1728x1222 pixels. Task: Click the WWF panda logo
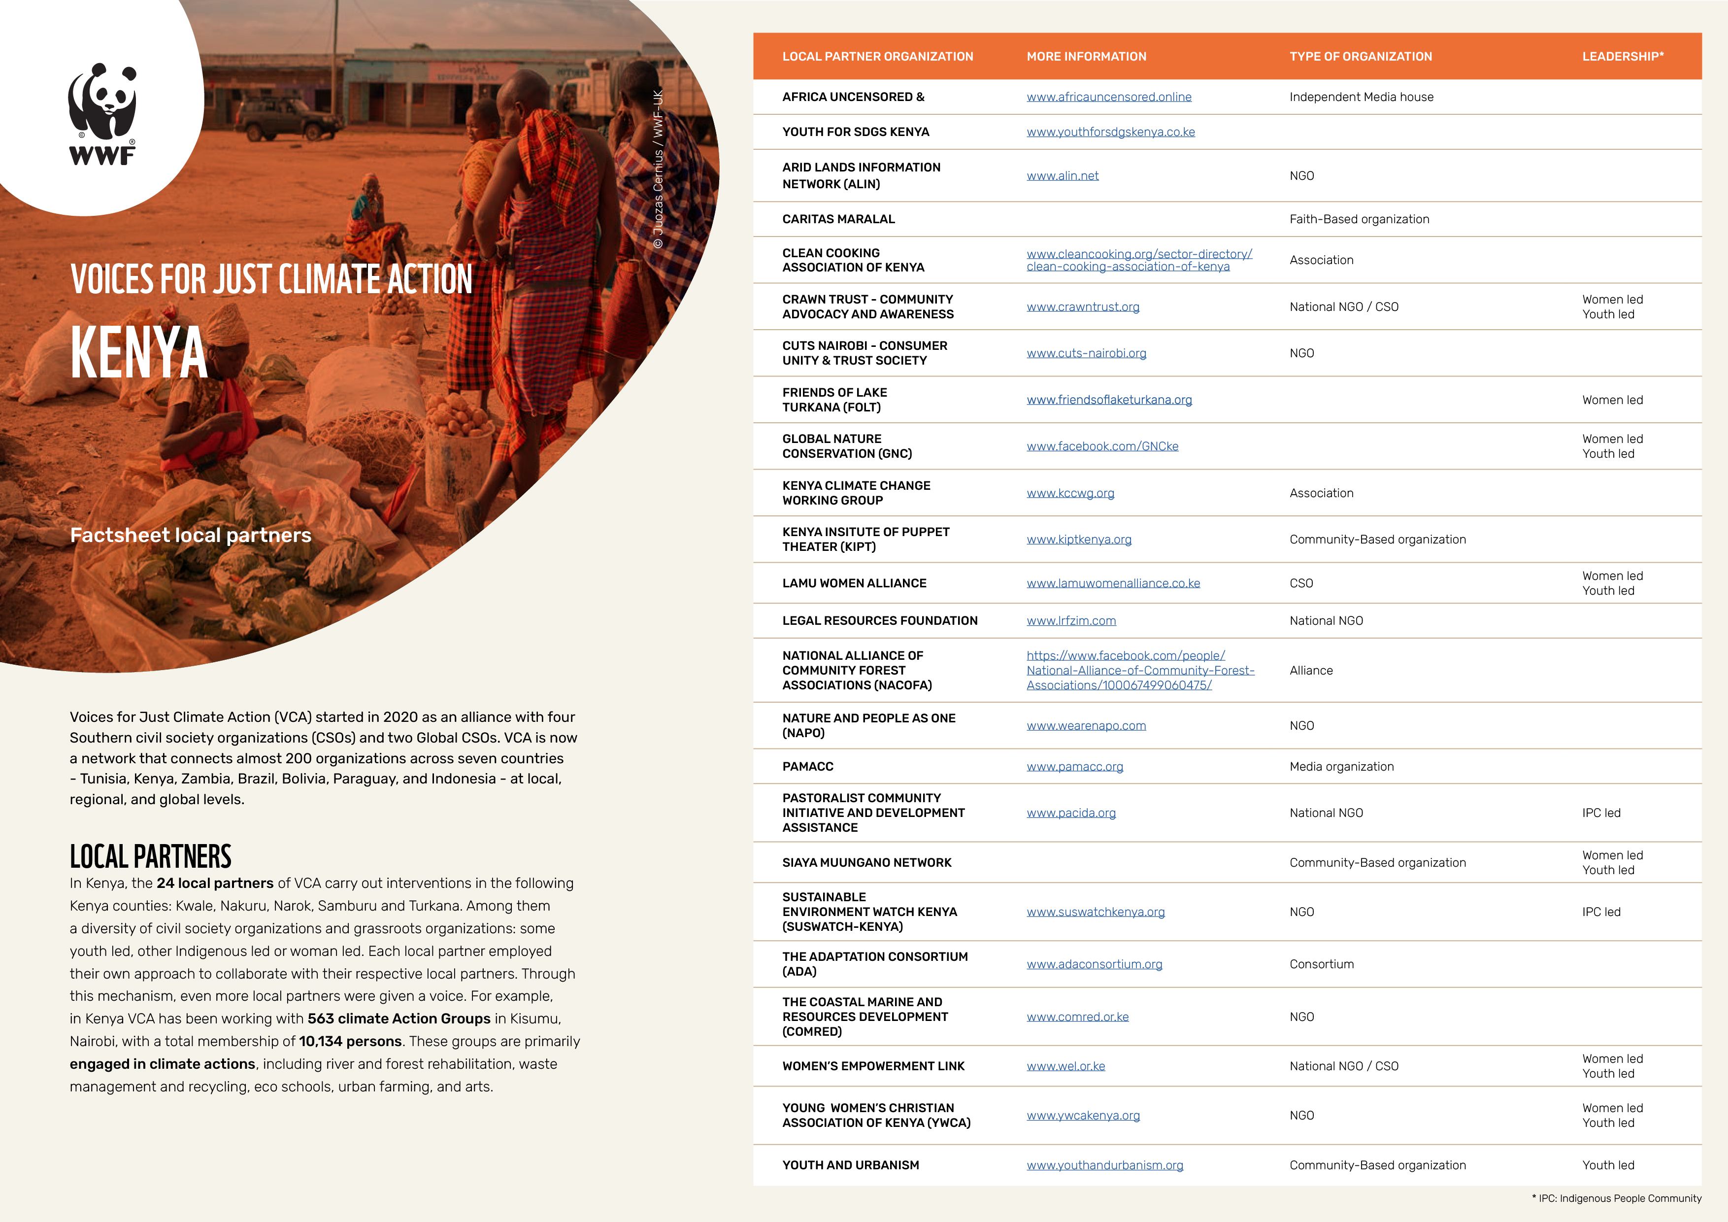point(102,113)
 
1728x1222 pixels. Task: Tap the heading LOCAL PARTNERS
point(151,857)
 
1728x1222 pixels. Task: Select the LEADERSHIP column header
point(1623,57)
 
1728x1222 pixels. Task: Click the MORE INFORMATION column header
point(1086,57)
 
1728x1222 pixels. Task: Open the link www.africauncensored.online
point(1109,97)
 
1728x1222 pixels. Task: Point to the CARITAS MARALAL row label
point(838,219)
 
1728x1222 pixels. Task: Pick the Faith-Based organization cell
point(1359,219)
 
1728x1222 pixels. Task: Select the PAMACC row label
point(807,767)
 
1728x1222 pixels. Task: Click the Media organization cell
point(1341,767)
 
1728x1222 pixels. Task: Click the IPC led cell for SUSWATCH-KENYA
point(1601,912)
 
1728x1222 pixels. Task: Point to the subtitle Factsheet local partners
point(191,535)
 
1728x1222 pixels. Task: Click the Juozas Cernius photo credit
point(658,170)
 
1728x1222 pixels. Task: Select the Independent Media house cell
point(1361,97)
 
